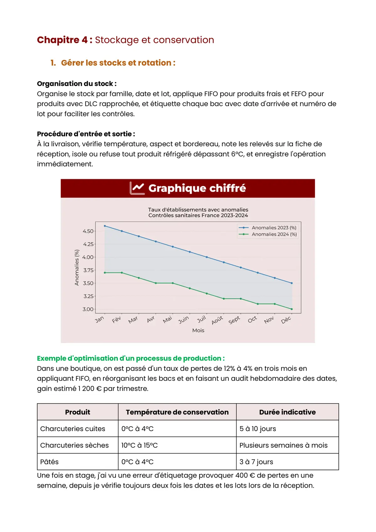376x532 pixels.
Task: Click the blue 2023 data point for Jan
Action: (x=105, y=226)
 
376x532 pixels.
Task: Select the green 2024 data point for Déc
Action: (x=292, y=309)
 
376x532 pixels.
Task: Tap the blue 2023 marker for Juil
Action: (x=207, y=257)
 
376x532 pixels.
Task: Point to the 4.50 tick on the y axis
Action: (x=88, y=231)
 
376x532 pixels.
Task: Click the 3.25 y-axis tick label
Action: (x=88, y=296)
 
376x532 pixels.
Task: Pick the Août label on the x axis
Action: (x=217, y=320)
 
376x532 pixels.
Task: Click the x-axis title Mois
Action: (x=198, y=331)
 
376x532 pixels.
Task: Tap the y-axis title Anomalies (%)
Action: (x=77, y=268)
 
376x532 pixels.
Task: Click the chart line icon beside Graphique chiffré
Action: (x=137, y=188)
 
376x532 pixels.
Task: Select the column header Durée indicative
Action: (x=287, y=412)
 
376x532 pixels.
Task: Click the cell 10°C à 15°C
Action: (x=139, y=446)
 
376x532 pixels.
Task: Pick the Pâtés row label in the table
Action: (x=50, y=462)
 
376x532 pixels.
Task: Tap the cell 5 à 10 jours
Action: (x=258, y=429)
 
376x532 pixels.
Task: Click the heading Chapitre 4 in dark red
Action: (x=64, y=40)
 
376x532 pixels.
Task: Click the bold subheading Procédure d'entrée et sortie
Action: (x=86, y=134)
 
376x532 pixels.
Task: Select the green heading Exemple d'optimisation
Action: (x=130, y=358)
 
